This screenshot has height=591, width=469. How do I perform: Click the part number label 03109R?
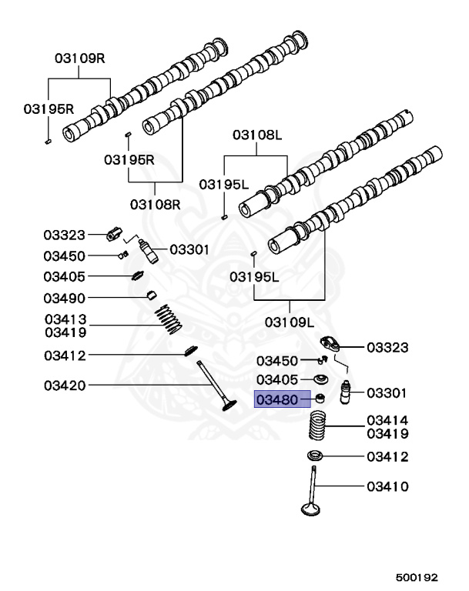coord(80,58)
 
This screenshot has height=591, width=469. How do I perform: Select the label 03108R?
coord(156,204)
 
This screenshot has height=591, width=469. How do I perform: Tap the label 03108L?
coord(257,135)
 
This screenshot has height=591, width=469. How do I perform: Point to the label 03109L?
coord(290,322)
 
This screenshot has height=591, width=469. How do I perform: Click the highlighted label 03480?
coord(277,399)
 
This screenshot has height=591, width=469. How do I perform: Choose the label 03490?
coord(65,298)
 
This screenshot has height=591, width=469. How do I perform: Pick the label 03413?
coord(65,319)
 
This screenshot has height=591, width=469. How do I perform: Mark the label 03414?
coord(387,420)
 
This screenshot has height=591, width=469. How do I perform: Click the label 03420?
coord(65,386)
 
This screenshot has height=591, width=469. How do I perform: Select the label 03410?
coord(387,486)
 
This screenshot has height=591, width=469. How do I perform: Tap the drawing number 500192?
coord(417,577)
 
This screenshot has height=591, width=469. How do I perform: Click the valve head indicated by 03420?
coord(229,406)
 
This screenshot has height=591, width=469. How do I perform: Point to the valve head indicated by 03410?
coord(311,509)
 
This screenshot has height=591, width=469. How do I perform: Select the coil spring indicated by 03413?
coord(169,319)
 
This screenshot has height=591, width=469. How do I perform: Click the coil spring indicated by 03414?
coord(317,426)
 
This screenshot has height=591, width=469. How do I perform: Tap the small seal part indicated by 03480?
coord(320,398)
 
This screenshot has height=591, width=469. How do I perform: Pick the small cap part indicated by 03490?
coord(152,295)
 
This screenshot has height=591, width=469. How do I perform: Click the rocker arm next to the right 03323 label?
coord(330,344)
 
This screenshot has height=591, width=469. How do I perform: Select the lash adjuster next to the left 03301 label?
coord(149,252)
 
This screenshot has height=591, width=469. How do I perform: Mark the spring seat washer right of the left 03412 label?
coord(190,350)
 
